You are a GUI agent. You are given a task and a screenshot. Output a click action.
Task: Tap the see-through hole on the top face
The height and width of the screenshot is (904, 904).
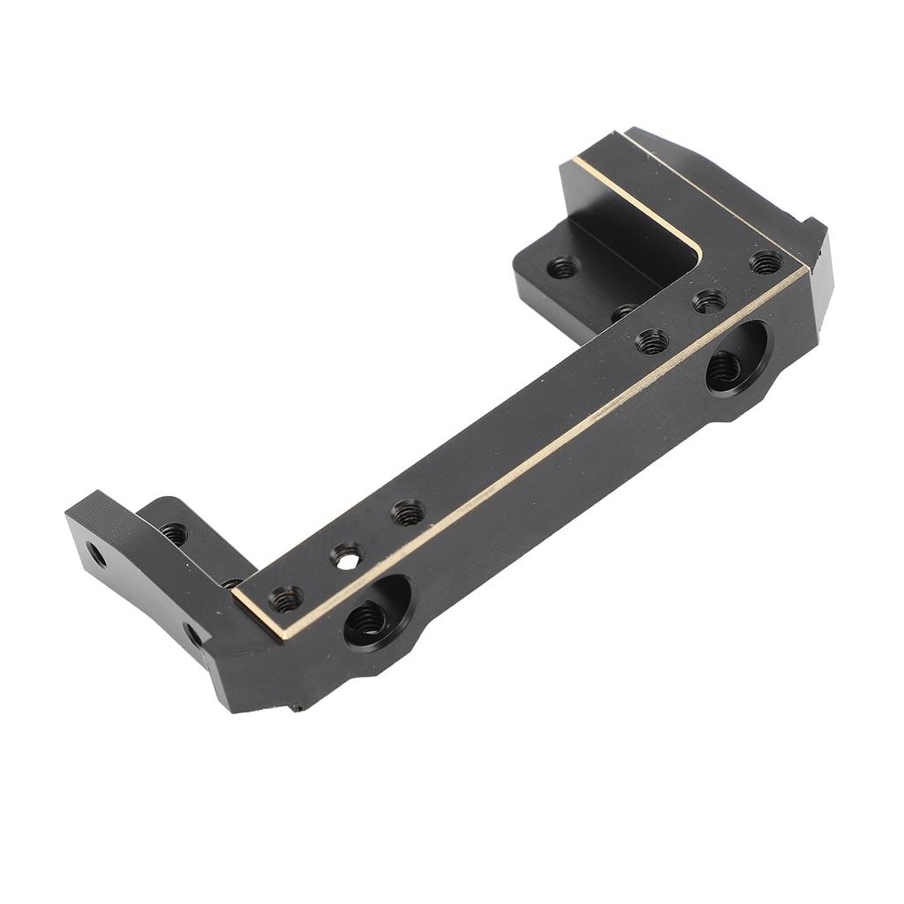[x=346, y=556]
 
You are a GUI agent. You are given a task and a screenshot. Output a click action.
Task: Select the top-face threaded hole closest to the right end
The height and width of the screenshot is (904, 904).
[x=765, y=262]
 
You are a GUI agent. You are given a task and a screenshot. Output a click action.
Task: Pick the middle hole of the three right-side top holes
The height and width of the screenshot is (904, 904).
[x=709, y=302]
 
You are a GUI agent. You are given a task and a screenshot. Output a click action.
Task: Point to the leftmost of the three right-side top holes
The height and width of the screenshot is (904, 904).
[x=652, y=341]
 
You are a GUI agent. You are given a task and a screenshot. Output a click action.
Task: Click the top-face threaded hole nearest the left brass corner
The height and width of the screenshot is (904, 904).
[x=285, y=599]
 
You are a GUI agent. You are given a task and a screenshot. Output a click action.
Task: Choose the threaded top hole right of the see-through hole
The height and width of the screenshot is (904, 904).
[x=407, y=512]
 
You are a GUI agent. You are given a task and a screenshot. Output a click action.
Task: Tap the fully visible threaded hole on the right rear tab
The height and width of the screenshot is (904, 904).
[x=562, y=267]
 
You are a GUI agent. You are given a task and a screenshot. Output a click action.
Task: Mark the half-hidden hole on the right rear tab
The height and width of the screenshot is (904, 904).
[x=625, y=311]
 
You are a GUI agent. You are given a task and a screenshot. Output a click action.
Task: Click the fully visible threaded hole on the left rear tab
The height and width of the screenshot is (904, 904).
[x=173, y=533]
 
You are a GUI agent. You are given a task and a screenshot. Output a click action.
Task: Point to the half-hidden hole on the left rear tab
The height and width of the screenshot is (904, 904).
[x=231, y=583]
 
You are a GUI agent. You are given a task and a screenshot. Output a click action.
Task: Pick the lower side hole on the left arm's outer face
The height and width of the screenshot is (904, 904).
[x=192, y=632]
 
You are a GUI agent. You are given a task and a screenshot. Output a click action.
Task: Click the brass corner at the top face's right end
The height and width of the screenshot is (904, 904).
[x=805, y=268]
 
